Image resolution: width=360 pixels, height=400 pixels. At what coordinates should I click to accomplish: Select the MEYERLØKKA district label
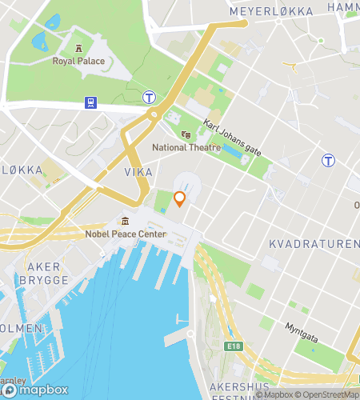271,12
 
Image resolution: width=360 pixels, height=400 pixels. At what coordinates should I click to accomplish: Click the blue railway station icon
91,102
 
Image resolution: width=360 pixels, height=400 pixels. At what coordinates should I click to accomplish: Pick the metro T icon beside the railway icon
150,98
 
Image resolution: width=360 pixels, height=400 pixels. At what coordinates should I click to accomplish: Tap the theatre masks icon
185,135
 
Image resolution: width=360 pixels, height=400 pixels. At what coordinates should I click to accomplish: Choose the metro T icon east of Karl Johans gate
328,160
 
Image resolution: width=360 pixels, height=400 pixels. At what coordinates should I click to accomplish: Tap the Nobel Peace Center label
125,234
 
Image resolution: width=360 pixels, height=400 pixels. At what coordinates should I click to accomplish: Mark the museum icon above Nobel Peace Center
125,221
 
